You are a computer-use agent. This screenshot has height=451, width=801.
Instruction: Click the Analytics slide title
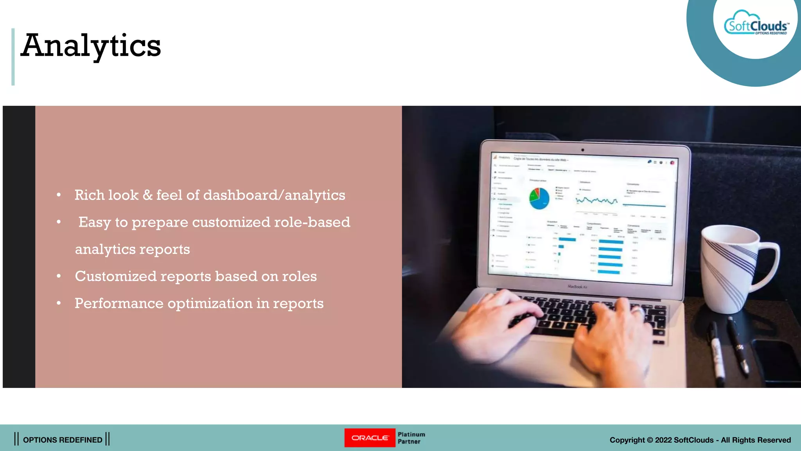coord(91,46)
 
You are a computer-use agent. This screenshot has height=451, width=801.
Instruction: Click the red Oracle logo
coord(370,438)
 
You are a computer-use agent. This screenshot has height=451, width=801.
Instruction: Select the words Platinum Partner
coord(411,438)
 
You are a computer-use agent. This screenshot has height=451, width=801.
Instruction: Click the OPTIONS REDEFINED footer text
coord(63,440)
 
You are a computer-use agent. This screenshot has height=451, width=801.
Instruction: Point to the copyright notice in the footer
coord(700,440)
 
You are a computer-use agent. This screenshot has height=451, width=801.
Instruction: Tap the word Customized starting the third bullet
coord(116,276)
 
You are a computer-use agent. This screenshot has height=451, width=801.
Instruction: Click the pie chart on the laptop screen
coord(539,198)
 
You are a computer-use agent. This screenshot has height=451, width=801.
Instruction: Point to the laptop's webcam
coord(583,150)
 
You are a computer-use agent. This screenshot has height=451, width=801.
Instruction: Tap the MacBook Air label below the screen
coord(577,287)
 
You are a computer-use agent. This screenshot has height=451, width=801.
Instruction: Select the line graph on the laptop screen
coord(596,201)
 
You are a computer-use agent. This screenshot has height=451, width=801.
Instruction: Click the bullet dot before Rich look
coord(59,195)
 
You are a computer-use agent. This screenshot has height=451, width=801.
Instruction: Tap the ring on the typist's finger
coord(638,310)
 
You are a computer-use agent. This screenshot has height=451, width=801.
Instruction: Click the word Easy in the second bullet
coord(95,222)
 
